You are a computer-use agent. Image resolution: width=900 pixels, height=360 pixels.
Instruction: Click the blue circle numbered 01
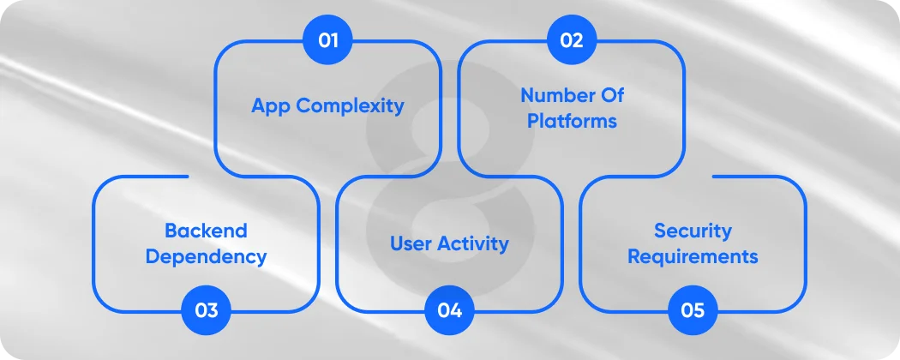pos(327,39)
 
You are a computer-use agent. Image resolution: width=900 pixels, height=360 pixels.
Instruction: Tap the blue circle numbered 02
pos(571,39)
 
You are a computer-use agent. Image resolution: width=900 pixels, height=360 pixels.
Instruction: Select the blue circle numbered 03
pos(206,310)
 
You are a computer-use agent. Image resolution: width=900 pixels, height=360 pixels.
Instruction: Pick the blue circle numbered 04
pos(449,310)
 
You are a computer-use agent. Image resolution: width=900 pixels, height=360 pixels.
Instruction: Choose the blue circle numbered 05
pos(693,310)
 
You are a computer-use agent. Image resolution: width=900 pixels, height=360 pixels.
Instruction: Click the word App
pos(270,106)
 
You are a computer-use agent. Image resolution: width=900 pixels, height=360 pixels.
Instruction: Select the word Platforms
pos(572,121)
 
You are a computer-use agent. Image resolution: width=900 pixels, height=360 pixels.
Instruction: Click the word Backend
pos(206,231)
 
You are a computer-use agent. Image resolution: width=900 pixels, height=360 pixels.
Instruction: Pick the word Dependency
pos(206,257)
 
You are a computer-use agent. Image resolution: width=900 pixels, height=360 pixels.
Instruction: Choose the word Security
pos(693,231)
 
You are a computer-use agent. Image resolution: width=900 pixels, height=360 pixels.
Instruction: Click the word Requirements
pos(693,257)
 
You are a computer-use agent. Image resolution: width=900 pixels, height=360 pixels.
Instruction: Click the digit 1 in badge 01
pos(335,39)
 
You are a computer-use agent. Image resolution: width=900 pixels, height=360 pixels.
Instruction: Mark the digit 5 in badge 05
pos(700,310)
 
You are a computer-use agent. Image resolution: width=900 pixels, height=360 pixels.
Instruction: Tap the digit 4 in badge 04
pos(457,310)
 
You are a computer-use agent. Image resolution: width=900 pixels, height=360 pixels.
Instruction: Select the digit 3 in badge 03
pos(213,310)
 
